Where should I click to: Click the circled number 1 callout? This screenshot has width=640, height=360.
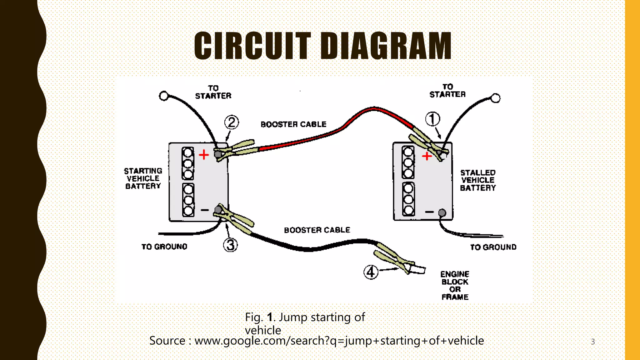point(433,119)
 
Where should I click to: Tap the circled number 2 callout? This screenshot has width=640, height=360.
point(232,122)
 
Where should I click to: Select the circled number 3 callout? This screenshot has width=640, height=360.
point(230,245)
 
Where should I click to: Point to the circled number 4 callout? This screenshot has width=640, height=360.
point(371,272)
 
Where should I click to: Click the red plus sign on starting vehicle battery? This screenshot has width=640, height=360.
point(204,154)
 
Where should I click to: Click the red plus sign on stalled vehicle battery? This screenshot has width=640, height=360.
point(427,156)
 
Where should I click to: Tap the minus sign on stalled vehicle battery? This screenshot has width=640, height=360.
point(429,212)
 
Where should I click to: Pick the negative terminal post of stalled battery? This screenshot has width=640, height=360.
point(442,213)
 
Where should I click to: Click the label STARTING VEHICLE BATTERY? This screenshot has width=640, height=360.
point(143,178)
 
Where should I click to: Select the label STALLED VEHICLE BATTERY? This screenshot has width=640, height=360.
point(478,180)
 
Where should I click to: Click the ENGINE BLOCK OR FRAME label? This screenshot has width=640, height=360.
point(455,285)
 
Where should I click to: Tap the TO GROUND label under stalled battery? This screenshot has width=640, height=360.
point(493,247)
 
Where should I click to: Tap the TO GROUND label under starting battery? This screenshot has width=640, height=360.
point(164,247)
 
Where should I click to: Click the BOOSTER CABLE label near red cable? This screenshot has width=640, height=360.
point(293,124)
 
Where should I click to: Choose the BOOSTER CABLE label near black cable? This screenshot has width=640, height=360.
point(317,230)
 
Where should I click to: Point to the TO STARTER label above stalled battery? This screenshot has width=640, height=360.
point(447,91)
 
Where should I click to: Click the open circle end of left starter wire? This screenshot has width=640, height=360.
point(164,96)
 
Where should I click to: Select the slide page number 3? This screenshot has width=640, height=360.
point(593,342)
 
